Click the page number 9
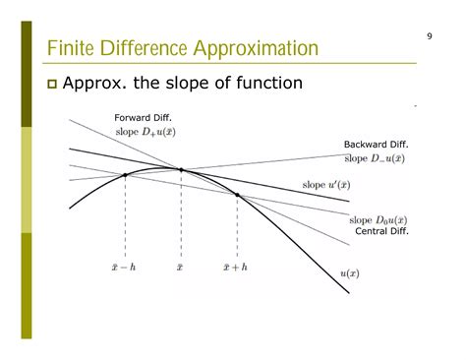click(x=430, y=36)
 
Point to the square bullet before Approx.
click(x=52, y=85)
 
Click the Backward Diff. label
click(x=374, y=145)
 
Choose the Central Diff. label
click(x=380, y=232)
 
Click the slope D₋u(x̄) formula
click(x=374, y=157)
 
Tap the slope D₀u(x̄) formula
click(x=379, y=220)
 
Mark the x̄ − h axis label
click(x=125, y=266)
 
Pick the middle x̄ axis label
click(x=181, y=266)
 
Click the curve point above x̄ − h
click(x=125, y=175)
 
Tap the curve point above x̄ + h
click(x=237, y=195)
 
